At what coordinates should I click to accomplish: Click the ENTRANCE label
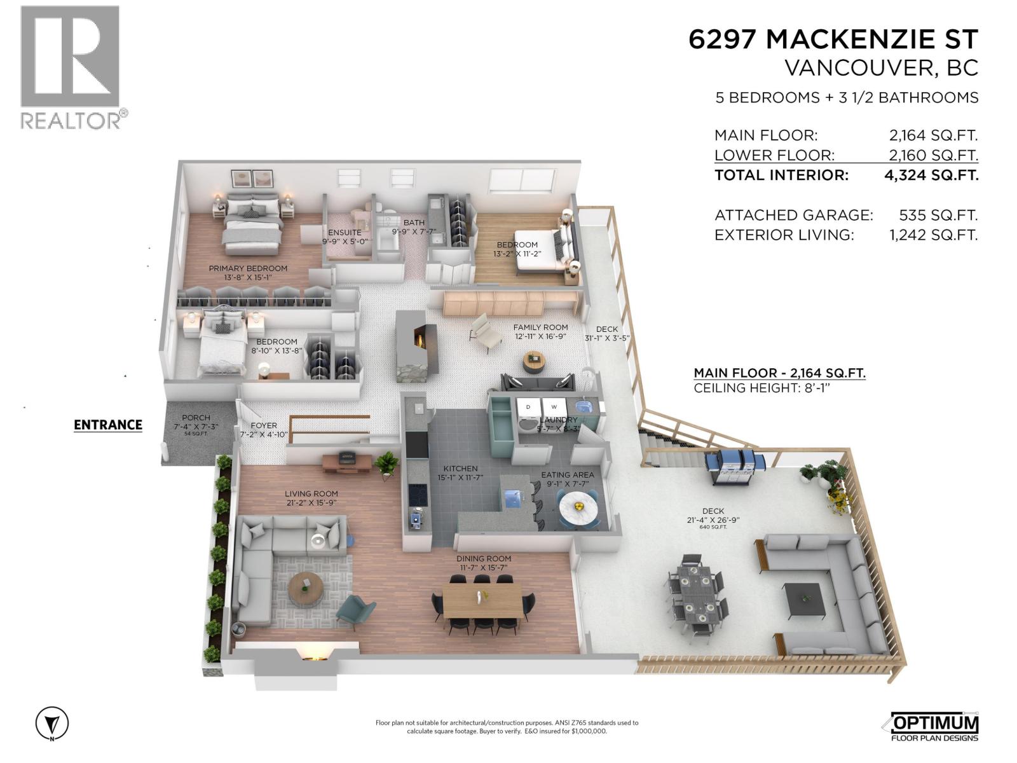pos(108,425)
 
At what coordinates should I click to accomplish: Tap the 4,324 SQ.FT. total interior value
pos(931,175)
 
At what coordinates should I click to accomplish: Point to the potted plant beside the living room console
pos(386,464)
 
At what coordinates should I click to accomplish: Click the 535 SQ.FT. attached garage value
pos(938,215)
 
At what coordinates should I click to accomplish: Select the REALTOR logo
pos(71,67)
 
